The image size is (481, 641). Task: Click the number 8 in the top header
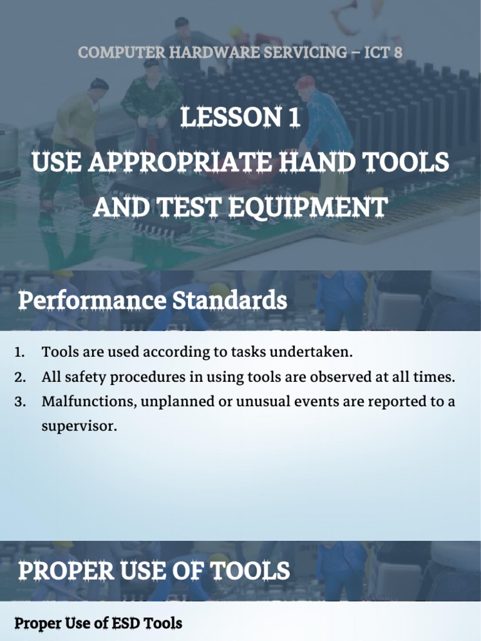point(397,53)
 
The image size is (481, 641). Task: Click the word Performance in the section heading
point(92,301)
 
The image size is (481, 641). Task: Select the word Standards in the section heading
point(229,301)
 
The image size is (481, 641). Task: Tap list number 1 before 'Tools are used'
point(19,352)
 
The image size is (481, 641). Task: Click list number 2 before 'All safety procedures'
point(19,377)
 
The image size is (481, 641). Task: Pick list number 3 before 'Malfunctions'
point(19,402)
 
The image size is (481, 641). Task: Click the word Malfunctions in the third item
point(87,402)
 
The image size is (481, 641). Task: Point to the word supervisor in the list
point(79,427)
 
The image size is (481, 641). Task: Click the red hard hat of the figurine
point(305,82)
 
